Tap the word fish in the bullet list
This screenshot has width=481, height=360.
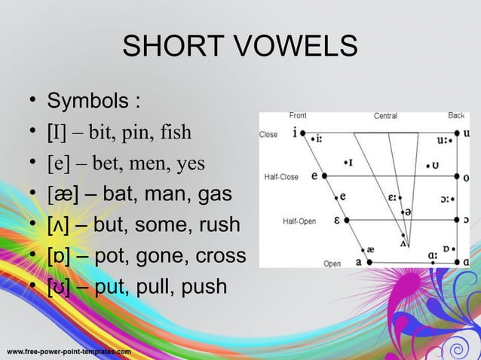point(175,133)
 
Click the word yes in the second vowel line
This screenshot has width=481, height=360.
point(190,163)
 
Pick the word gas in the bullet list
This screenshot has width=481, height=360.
point(214,194)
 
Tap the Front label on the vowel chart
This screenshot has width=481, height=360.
point(298,116)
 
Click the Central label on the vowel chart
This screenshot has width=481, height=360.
point(385,116)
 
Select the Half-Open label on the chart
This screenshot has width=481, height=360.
point(299,221)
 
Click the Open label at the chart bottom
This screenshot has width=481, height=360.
point(332,264)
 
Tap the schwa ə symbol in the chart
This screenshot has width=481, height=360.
point(408,214)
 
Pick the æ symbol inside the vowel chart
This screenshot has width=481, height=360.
point(369,249)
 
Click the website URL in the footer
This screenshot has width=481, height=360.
point(69,352)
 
